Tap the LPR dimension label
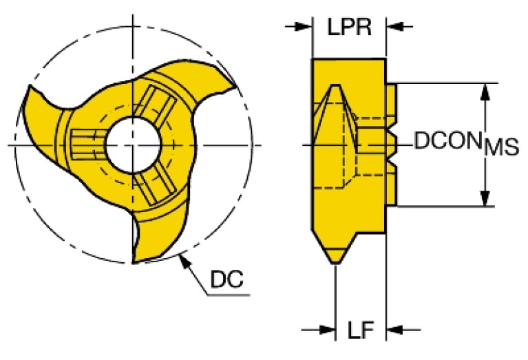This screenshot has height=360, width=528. click(349, 28)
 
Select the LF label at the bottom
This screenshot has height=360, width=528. click(360, 332)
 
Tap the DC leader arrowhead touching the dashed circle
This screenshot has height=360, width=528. click(182, 259)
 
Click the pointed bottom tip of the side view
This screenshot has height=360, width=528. click(335, 260)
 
